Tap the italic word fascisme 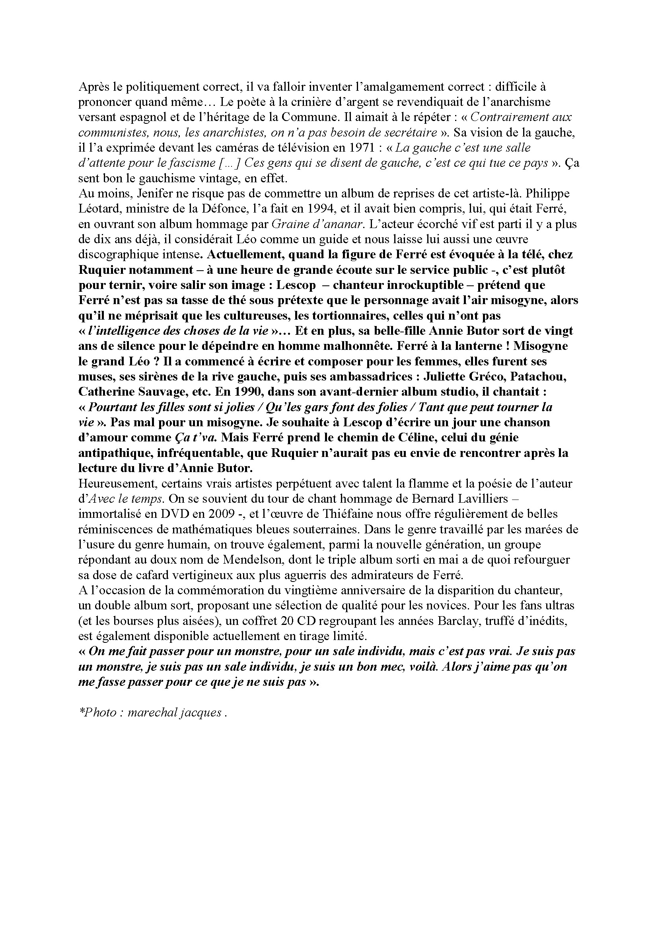[x=193, y=163]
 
